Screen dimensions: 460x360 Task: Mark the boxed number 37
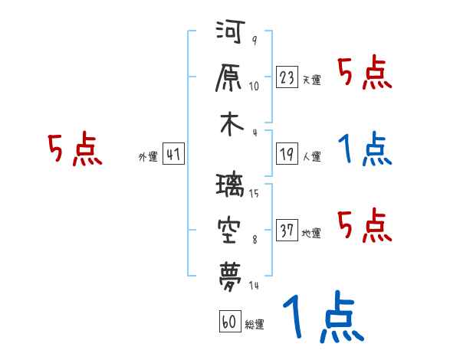[x=287, y=230]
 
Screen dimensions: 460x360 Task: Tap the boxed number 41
[x=173, y=155]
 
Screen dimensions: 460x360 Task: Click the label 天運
[x=311, y=80]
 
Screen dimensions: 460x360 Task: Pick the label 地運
[x=311, y=233]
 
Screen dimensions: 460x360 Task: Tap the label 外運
[x=147, y=157]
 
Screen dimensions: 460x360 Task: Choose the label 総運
[x=255, y=325]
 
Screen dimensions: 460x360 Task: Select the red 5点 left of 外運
[x=74, y=149]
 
